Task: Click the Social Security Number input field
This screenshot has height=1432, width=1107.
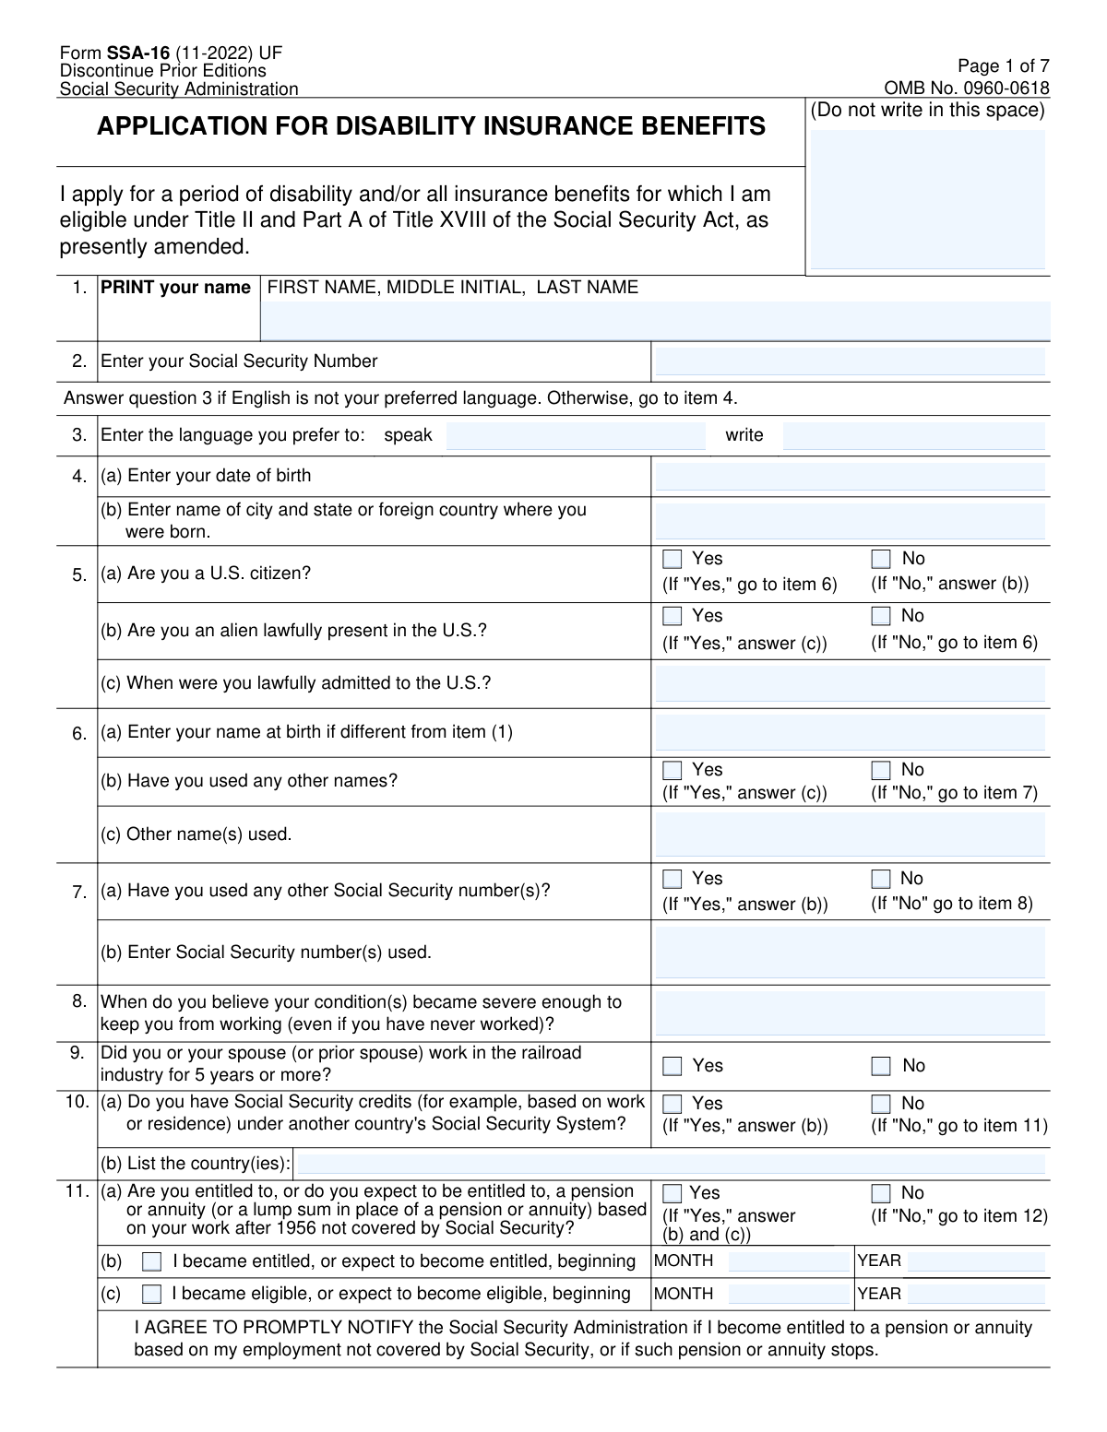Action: coord(850,362)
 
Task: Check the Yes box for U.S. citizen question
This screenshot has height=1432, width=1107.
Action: coord(673,559)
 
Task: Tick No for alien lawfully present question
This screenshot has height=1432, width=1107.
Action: coord(881,616)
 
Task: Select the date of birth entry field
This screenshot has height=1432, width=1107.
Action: coord(850,478)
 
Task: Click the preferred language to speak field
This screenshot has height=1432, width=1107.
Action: coord(575,436)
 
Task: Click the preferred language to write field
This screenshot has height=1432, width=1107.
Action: coord(913,436)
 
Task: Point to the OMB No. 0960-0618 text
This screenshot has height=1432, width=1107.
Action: coord(966,89)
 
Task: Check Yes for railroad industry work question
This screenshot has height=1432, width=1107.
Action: coord(673,1066)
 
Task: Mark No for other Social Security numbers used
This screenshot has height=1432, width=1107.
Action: coord(881,879)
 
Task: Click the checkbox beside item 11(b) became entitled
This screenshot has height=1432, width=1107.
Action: coord(152,1261)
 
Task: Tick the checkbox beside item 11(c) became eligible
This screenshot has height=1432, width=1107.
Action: coord(152,1294)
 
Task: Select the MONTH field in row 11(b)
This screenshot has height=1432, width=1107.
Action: coord(788,1261)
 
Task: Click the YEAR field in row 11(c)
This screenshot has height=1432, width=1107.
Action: coord(976,1294)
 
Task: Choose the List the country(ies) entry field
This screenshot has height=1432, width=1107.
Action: coord(671,1164)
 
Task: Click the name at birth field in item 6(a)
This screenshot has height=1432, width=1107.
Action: coord(850,733)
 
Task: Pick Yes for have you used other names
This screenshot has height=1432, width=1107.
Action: coord(673,770)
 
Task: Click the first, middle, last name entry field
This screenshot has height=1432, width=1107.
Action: coord(655,321)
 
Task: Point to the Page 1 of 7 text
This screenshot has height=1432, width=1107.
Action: coord(1003,66)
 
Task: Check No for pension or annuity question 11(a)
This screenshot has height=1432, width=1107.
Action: coord(881,1193)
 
